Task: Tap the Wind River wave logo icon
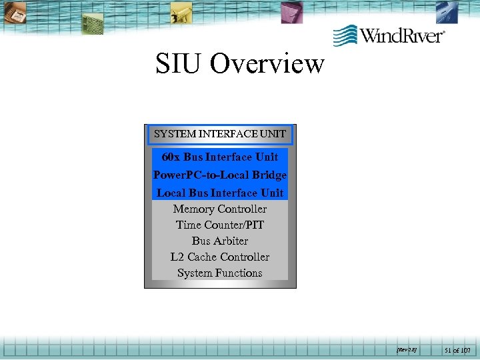point(345,34)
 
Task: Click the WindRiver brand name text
point(402,35)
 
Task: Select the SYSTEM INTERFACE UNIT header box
point(220,134)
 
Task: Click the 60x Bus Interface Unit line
point(220,157)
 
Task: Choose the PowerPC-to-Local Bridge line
point(220,175)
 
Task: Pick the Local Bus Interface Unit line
point(220,193)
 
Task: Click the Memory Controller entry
point(220,209)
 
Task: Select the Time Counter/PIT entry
point(220,225)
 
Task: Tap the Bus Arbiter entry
point(220,241)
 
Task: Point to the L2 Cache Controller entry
point(220,257)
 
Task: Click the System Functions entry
point(220,273)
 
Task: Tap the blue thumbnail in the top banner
point(447,11)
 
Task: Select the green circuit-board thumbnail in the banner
point(93,23)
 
